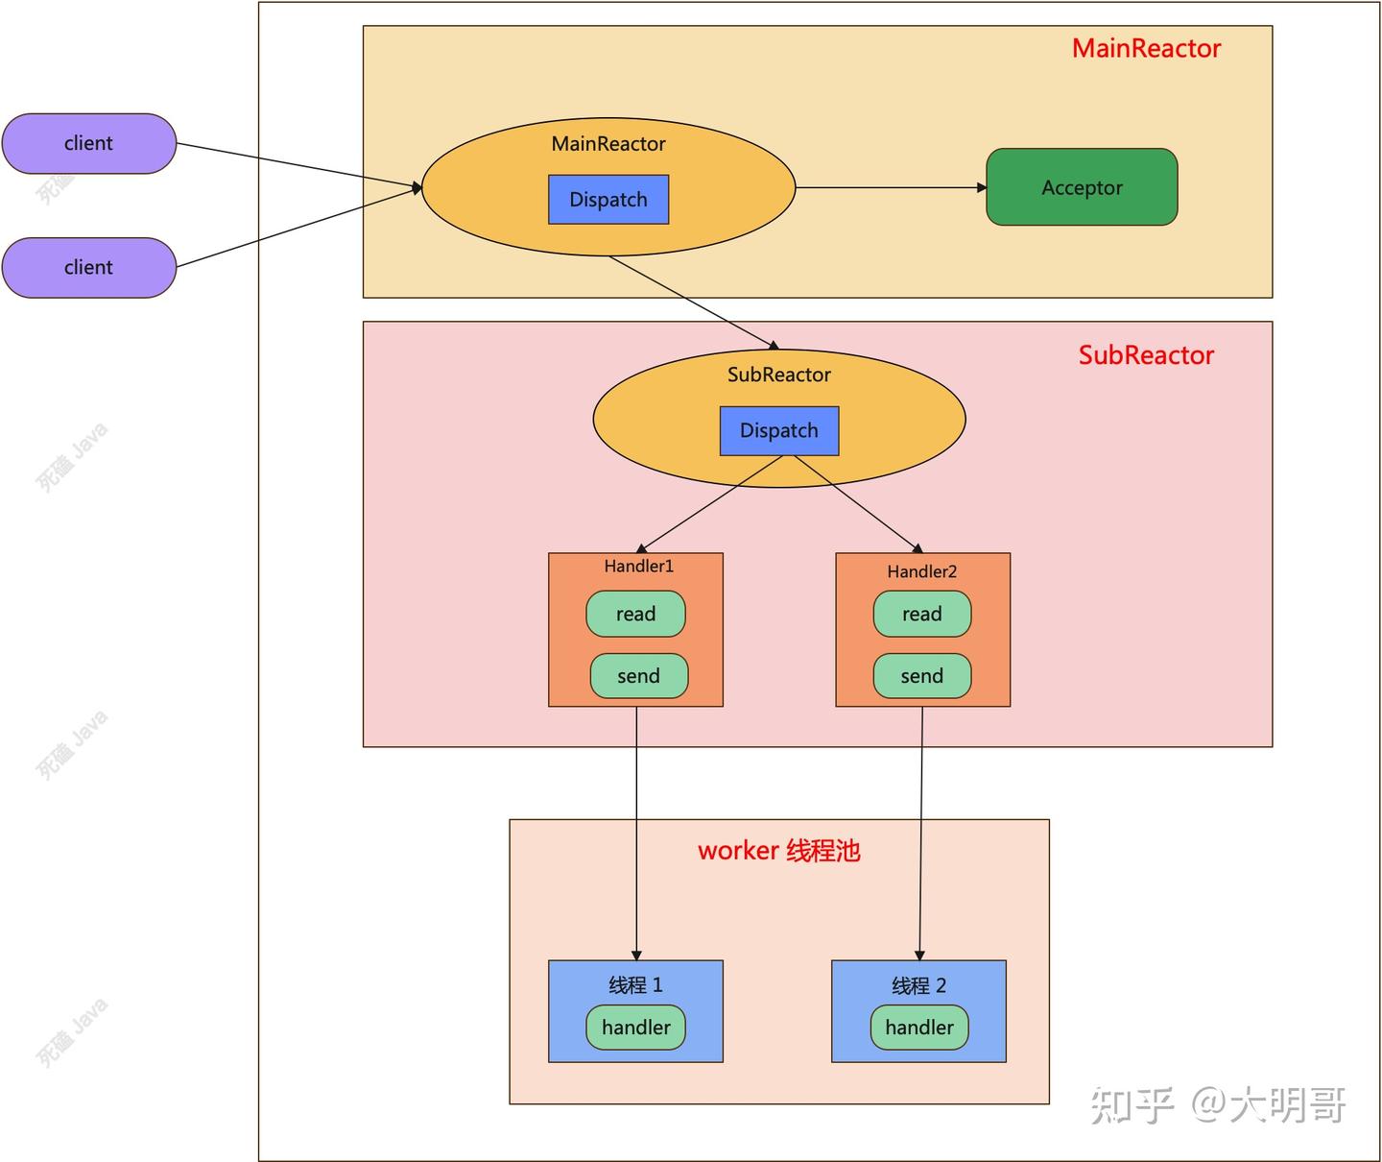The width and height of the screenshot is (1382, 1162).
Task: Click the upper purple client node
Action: coord(88,143)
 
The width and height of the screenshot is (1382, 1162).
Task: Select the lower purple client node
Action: coord(88,267)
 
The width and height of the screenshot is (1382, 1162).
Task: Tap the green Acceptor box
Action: coord(1082,187)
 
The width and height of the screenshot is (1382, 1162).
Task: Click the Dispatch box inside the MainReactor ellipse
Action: coord(608,200)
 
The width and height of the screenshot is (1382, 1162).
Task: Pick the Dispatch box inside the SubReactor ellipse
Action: coord(779,430)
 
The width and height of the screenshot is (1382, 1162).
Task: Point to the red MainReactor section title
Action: coord(1146,49)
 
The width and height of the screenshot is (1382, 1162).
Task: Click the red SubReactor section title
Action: coord(1146,355)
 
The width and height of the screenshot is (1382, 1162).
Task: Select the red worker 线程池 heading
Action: coord(778,851)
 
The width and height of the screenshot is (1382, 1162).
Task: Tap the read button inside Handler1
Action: coord(635,615)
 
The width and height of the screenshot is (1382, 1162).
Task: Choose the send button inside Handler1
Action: coord(638,676)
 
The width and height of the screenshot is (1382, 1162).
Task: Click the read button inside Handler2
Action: coord(921,615)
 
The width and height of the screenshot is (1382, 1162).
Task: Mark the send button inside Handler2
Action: coord(921,676)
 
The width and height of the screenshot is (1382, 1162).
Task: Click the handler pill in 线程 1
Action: coord(635,1028)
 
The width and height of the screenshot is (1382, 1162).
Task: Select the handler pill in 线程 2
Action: coord(919,1028)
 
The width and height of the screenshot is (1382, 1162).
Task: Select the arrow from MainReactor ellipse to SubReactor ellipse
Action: coord(693,303)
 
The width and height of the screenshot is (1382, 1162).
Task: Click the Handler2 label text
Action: coord(921,571)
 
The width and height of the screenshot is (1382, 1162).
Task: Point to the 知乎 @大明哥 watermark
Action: coord(1219,1105)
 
